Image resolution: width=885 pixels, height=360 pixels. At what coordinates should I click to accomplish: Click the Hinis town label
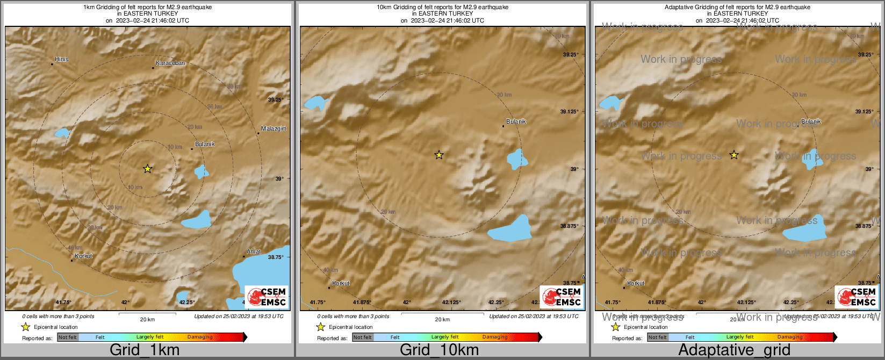tap(62, 59)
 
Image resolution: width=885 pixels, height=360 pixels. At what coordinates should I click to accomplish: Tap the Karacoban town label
tap(170, 63)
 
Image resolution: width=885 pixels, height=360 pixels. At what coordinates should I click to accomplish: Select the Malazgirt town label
tap(274, 128)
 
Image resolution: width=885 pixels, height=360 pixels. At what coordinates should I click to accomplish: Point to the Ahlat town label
tap(254, 251)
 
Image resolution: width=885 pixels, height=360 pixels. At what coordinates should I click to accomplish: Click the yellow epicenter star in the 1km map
tap(148, 169)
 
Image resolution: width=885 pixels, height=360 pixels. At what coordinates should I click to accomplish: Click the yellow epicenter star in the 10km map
tap(439, 155)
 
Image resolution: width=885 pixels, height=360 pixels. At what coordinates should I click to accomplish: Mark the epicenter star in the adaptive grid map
tap(734, 155)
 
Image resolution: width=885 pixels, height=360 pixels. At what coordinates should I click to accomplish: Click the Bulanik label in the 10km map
tap(516, 121)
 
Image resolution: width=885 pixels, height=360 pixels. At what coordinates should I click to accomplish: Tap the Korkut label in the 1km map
tap(83, 256)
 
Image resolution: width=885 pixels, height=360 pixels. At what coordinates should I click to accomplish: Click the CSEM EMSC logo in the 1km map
tap(267, 297)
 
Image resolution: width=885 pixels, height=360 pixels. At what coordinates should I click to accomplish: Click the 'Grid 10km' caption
tap(439, 350)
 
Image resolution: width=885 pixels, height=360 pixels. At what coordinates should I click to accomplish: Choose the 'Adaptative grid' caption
tap(734, 350)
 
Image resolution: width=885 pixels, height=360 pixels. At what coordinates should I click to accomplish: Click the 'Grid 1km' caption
tap(145, 350)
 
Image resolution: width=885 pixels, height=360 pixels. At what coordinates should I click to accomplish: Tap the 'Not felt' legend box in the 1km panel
tap(68, 337)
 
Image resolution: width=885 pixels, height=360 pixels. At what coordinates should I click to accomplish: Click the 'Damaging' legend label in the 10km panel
tap(495, 337)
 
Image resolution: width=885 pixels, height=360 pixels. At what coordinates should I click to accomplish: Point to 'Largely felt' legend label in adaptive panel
tap(740, 337)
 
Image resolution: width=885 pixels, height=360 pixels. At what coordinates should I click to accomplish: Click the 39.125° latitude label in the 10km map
tap(570, 112)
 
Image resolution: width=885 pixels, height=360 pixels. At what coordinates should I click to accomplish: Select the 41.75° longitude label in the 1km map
tap(64, 303)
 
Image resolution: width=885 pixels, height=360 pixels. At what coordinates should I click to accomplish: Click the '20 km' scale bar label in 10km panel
tap(442, 320)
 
